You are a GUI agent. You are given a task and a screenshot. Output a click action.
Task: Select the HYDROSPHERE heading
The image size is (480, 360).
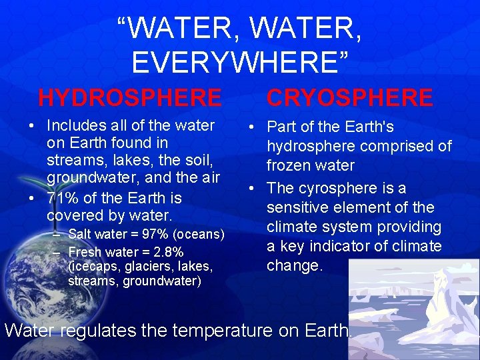coord(130,98)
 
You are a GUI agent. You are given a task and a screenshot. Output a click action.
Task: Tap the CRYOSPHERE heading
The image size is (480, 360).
coord(350,98)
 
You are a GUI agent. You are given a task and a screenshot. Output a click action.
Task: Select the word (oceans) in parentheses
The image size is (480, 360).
coord(202,234)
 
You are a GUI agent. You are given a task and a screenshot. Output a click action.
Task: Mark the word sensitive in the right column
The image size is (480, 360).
coord(300,207)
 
